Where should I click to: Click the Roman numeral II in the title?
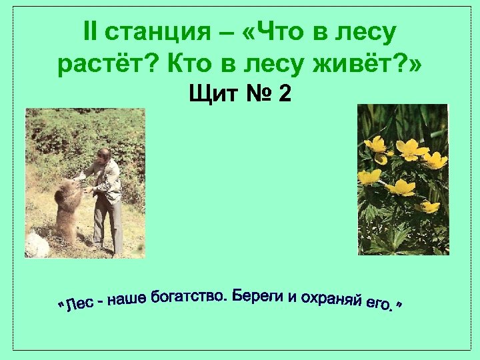[x=92, y=31]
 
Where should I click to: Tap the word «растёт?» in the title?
[x=106, y=65]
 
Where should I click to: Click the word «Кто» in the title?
[x=185, y=65]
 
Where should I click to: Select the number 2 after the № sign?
[x=285, y=94]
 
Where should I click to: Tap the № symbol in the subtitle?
[x=256, y=94]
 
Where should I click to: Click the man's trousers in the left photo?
[x=107, y=223]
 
